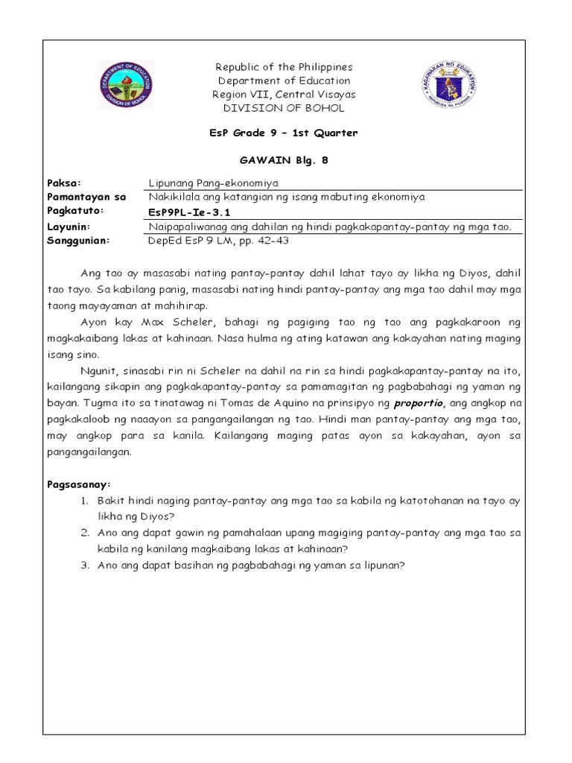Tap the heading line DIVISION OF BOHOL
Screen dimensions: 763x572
[x=283, y=108]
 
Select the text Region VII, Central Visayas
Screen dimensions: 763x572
[x=283, y=95]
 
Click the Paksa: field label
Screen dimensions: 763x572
[x=63, y=183]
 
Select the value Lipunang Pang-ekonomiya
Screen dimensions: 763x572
[x=204, y=183]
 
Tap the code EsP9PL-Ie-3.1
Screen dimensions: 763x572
[x=179, y=211]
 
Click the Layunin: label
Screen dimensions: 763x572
[x=69, y=226]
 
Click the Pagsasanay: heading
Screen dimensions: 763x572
[x=77, y=484]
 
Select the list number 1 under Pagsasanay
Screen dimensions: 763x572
[x=85, y=501]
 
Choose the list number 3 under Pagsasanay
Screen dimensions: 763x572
[x=85, y=565]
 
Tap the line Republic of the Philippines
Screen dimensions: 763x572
[x=283, y=67]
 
